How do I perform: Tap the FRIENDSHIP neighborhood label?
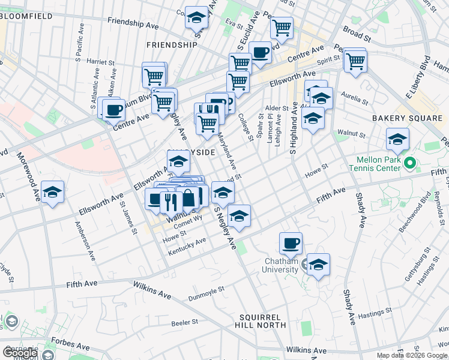click(172, 45)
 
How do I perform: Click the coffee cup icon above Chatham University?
click(291, 243)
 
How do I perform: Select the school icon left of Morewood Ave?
click(53, 192)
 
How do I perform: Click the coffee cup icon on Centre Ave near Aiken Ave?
click(113, 110)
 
